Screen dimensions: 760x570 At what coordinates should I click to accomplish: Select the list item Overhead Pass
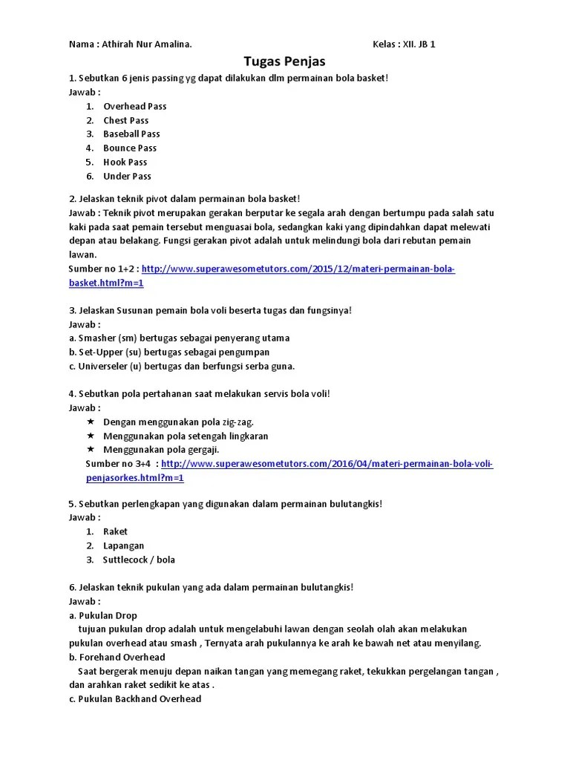click(x=134, y=106)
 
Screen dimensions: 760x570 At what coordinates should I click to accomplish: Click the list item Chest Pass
click(x=125, y=120)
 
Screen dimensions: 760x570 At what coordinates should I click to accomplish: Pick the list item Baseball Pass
click(x=131, y=134)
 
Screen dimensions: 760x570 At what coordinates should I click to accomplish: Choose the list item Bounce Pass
click(x=129, y=148)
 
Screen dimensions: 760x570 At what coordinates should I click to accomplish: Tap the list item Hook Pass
click(x=125, y=162)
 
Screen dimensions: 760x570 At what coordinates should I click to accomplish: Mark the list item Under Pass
click(x=127, y=176)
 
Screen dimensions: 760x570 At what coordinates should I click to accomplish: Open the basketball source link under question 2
click(x=297, y=269)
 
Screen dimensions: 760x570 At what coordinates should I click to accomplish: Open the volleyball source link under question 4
click(x=327, y=464)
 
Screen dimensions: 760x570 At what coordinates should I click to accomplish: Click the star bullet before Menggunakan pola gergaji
click(x=91, y=450)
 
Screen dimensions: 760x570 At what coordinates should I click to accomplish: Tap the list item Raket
click(x=115, y=531)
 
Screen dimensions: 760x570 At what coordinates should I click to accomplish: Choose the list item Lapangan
click(x=123, y=546)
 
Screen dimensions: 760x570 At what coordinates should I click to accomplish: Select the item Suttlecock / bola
click(x=139, y=560)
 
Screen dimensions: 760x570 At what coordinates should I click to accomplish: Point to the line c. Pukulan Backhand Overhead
click(x=134, y=699)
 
